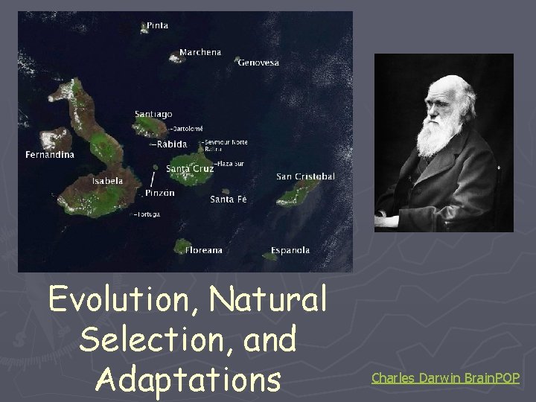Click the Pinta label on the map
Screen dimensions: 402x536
158,25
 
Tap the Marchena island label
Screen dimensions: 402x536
200,53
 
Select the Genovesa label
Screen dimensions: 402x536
258,63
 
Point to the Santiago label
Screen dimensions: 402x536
153,114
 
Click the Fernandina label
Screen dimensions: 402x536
50,155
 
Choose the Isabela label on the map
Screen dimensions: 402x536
107,181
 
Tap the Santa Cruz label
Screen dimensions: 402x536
190,169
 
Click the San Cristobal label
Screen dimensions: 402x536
305,176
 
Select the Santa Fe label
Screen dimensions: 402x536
228,200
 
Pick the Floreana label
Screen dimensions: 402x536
204,250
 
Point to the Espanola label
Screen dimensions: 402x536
290,250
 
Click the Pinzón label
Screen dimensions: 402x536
160,193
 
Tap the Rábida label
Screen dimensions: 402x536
170,144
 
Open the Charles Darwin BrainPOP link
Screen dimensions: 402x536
445,378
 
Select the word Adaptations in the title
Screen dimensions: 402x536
189,377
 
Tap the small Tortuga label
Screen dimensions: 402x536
147,214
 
